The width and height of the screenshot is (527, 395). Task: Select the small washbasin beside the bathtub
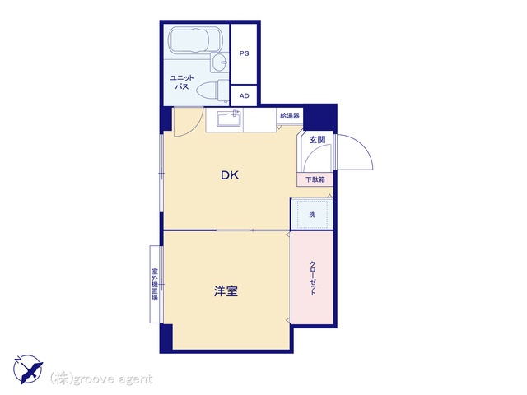[x=220, y=63]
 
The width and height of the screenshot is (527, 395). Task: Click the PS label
[x=245, y=53]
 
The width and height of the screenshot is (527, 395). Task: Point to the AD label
[x=245, y=95]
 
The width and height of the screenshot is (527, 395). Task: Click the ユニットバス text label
[x=182, y=82]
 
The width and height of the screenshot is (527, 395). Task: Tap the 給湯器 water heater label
[x=290, y=116]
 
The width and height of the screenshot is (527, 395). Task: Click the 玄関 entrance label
[x=318, y=139]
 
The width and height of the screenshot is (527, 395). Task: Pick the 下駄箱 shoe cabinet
[x=315, y=179]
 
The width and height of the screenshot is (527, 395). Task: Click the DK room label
[x=230, y=175]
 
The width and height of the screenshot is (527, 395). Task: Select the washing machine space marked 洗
[x=312, y=214]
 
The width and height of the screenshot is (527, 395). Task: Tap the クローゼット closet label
[x=313, y=278]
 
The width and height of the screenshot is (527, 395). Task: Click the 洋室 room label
[x=226, y=290]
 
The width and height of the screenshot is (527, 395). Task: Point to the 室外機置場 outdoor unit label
[x=155, y=284]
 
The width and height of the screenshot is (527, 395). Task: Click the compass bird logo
[x=28, y=369]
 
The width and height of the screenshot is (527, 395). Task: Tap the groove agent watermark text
[x=101, y=379]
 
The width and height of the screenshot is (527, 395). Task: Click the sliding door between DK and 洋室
[x=253, y=230]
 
